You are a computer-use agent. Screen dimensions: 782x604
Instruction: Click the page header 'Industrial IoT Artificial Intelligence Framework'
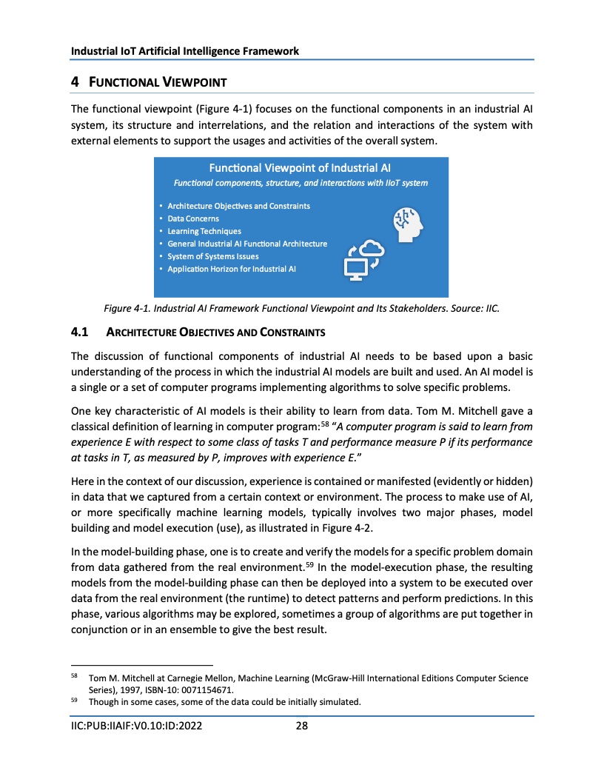coord(185,51)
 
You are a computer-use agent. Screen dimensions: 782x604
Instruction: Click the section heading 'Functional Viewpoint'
coord(156,81)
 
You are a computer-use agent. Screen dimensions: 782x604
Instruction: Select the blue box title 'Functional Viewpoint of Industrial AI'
coord(301,167)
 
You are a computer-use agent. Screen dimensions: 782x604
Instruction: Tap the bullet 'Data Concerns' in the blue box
coord(193,218)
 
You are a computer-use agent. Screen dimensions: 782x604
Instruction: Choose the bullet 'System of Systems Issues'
coord(213,256)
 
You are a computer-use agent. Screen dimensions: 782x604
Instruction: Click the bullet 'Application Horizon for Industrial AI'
coord(232,269)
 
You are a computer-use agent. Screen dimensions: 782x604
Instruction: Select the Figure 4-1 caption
coord(301,309)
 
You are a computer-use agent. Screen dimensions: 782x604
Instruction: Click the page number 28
coord(301,726)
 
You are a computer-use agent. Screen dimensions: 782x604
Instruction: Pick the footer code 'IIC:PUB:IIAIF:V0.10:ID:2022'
coord(137,726)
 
